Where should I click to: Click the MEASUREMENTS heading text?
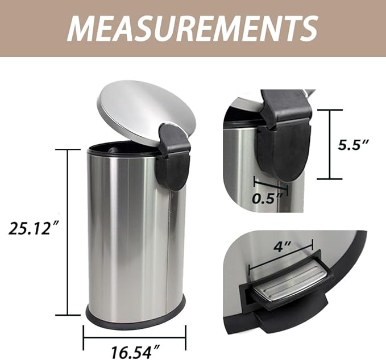tap(192, 27)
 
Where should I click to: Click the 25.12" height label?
tap(34, 228)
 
